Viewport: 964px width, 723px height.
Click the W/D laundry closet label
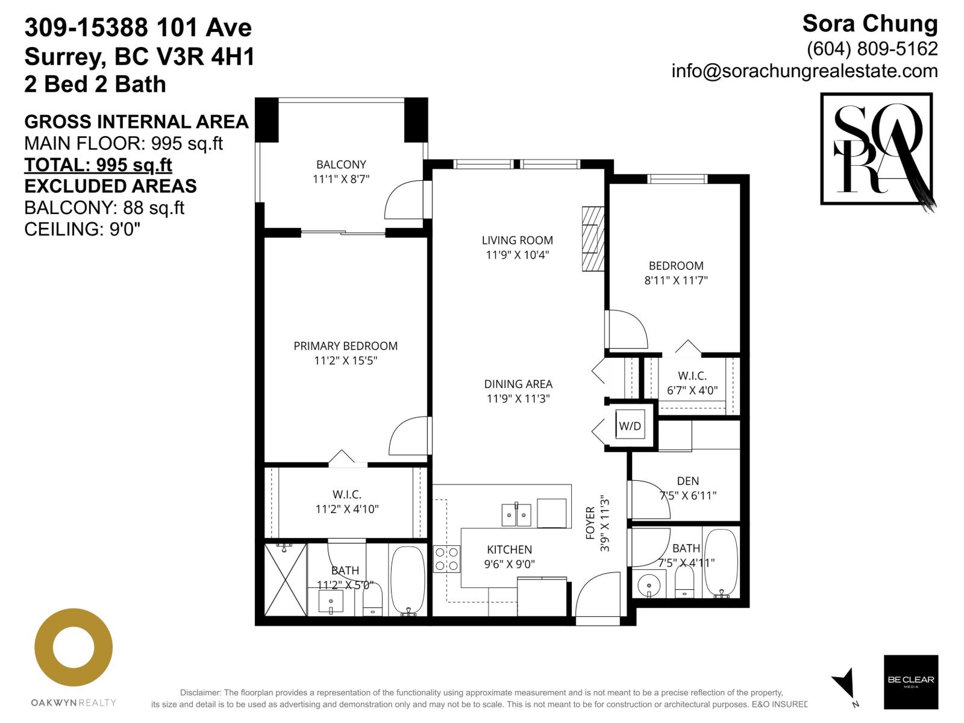click(630, 426)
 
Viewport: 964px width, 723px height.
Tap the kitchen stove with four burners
click(446, 559)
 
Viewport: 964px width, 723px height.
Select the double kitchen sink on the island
click(516, 515)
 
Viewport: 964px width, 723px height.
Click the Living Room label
click(517, 240)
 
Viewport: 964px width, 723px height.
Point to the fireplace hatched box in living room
click(592, 239)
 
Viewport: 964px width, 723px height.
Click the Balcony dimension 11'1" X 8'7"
click(340, 179)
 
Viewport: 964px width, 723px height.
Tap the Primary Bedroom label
click(345, 346)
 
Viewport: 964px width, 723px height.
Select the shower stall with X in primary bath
click(286, 579)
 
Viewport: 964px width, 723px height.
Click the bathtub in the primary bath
click(408, 580)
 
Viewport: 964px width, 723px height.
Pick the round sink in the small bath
click(648, 585)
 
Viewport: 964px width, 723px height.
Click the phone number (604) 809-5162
click(872, 48)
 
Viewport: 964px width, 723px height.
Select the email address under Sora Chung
click(804, 71)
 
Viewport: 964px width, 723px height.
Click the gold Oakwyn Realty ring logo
click(74, 648)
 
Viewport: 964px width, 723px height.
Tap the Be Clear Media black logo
click(910, 681)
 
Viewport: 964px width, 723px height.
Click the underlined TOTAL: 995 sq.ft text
click(98, 164)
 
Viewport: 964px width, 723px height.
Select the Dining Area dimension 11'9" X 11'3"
click(518, 398)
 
